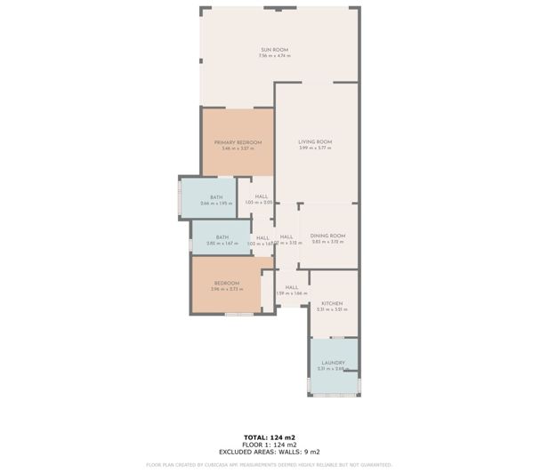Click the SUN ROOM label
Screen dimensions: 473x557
pyautogui.click(x=274, y=49)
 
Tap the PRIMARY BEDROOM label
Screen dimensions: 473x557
pyautogui.click(x=238, y=142)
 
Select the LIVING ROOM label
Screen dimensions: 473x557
pyautogui.click(x=314, y=142)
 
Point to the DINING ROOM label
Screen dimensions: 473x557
pyautogui.click(x=327, y=236)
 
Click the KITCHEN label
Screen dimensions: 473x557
pyautogui.click(x=332, y=303)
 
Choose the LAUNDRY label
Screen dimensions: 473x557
pyautogui.click(x=333, y=363)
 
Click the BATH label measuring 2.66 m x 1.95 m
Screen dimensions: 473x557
pyautogui.click(x=216, y=197)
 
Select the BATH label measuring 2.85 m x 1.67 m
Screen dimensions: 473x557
pyautogui.click(x=222, y=237)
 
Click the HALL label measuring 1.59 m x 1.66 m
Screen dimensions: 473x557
pyautogui.click(x=291, y=287)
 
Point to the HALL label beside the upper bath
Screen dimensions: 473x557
pyautogui.click(x=262, y=197)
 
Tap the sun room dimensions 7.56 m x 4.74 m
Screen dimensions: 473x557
pyautogui.click(x=274, y=56)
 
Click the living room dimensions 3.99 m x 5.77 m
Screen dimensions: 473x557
pyautogui.click(x=314, y=148)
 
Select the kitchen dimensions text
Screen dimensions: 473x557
pyautogui.click(x=332, y=309)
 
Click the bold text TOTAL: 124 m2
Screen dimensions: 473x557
pyautogui.click(x=270, y=437)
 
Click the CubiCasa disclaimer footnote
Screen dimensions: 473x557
pyautogui.click(x=270, y=464)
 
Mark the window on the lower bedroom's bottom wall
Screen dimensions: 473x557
pyautogui.click(x=238, y=314)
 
